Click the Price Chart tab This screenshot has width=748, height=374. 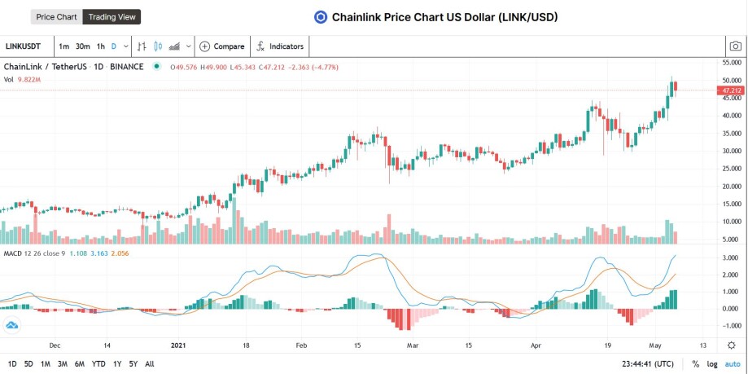(x=57, y=17)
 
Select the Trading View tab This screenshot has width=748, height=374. (x=112, y=17)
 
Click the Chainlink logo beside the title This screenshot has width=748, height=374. (x=321, y=18)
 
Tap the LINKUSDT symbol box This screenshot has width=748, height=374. (x=24, y=46)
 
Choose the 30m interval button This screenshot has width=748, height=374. (x=82, y=46)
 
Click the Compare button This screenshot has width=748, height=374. (x=222, y=46)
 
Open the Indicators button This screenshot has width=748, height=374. (x=280, y=46)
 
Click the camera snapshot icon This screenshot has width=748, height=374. (x=736, y=46)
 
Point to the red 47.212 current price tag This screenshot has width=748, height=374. (x=729, y=90)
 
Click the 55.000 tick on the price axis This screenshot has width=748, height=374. (x=732, y=63)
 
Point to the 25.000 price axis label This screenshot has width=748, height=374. (x=732, y=169)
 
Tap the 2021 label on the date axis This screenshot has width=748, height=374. (x=178, y=345)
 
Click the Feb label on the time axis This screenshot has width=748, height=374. (x=300, y=345)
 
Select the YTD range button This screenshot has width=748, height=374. (x=98, y=364)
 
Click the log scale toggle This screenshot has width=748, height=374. (x=712, y=364)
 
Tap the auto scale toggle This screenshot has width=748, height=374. (x=733, y=364)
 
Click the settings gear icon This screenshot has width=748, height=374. (x=731, y=345)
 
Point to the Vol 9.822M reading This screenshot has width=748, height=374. (x=23, y=80)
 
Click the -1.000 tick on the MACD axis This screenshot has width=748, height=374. (x=732, y=326)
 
